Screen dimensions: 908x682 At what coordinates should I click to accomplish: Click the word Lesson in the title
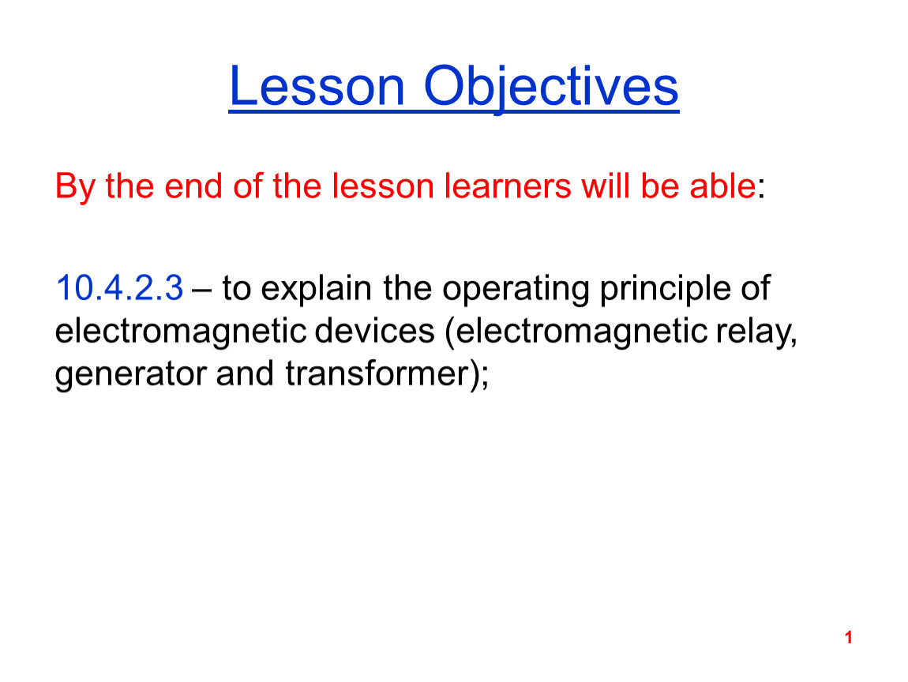coord(317,86)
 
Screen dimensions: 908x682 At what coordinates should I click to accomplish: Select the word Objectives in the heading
coord(550,88)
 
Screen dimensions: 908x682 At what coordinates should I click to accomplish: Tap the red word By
coord(75,187)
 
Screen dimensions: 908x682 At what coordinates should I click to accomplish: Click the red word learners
coord(507,185)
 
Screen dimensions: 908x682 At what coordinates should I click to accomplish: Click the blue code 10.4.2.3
coord(119,288)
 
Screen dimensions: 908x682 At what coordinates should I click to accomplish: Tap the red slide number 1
coord(848,638)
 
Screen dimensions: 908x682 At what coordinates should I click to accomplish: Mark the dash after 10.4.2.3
coord(201,290)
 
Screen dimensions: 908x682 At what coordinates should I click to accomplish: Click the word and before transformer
coord(245,373)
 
